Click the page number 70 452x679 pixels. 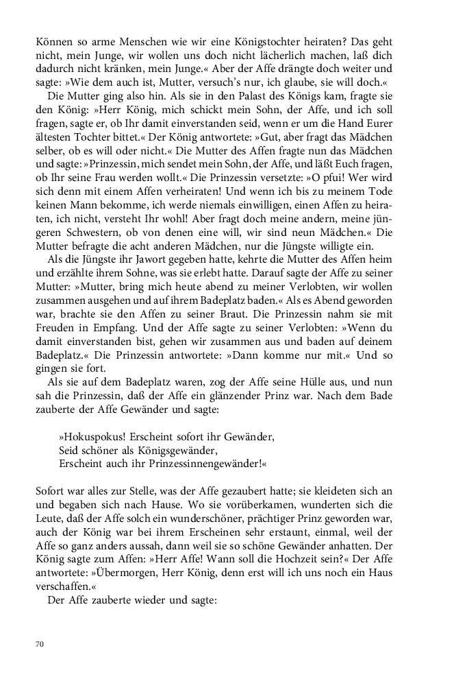(x=40, y=644)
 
